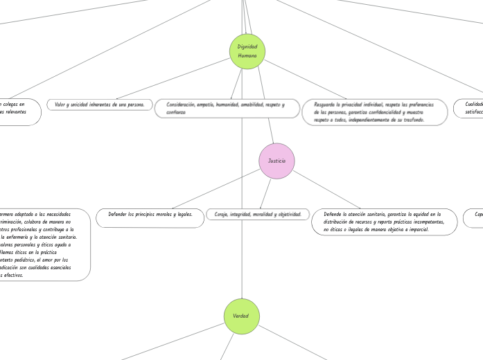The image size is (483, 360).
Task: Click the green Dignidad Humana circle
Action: click(x=247, y=51)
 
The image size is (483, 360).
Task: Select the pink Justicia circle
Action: click(x=276, y=161)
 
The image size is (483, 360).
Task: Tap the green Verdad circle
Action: click(x=241, y=316)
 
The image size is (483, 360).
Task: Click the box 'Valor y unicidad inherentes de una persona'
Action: click(x=100, y=105)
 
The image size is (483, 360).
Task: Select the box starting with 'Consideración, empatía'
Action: click(x=225, y=107)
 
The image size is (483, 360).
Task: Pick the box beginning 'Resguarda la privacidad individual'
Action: click(x=374, y=112)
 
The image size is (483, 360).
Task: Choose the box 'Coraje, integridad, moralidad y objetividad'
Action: click(x=257, y=215)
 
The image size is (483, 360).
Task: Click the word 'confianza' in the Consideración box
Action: click(x=177, y=111)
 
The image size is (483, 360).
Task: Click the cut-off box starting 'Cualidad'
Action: click(x=468, y=107)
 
